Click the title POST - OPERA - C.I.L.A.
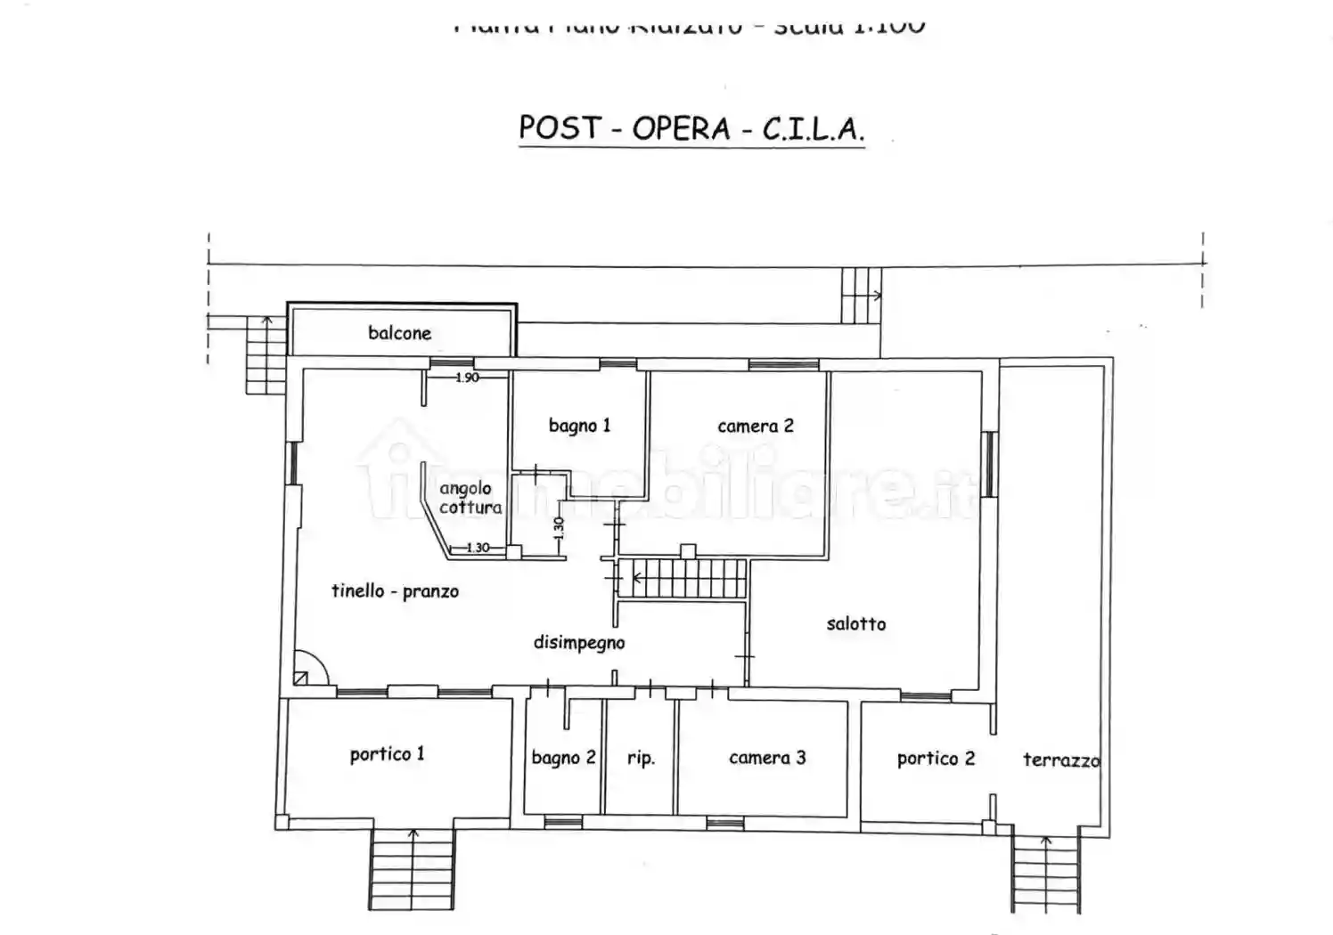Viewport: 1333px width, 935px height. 691,129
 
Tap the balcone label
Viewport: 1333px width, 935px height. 399,333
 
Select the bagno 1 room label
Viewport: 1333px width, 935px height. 579,426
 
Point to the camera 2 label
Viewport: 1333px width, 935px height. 755,426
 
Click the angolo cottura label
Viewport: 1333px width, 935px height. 470,498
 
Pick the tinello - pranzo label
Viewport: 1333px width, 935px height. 395,590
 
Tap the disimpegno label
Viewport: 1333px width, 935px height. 578,642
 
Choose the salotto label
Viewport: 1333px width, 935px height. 855,623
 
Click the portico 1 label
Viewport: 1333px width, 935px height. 387,754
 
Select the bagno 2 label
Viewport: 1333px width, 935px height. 563,758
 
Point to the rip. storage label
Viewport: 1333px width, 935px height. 641,758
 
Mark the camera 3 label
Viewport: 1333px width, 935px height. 766,758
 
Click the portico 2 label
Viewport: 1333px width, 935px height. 936,759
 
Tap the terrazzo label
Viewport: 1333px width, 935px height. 1060,760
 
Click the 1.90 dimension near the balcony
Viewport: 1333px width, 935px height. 467,378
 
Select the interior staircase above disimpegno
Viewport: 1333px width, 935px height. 684,579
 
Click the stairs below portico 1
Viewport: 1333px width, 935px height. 413,868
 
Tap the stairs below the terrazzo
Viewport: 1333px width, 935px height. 1046,873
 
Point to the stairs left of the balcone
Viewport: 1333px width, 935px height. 266,354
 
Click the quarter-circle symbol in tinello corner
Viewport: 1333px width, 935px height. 309,669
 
